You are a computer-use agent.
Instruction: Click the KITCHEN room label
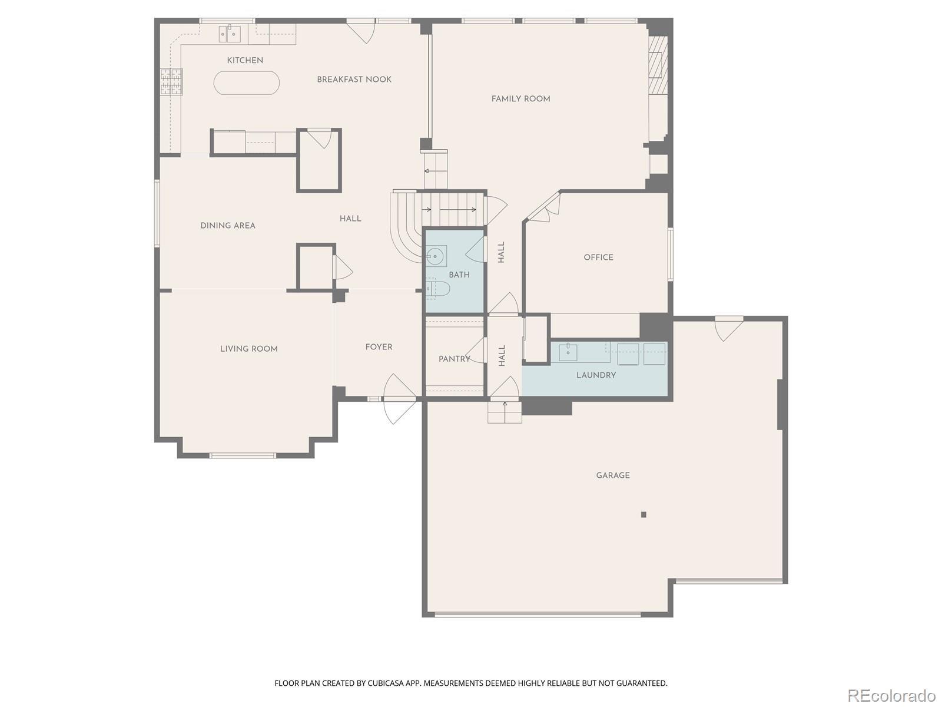245,61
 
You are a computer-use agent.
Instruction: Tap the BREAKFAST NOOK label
354,80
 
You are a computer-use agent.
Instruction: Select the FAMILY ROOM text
520,99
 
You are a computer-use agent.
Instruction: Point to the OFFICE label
598,257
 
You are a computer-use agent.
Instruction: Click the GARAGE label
613,475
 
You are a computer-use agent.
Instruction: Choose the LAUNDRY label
596,375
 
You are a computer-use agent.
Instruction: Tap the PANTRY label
455,359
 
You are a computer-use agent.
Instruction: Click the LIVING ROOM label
249,349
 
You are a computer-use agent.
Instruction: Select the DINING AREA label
228,226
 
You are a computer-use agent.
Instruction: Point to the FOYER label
379,347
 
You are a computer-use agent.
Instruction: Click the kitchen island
246,82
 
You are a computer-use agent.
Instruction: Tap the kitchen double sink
230,34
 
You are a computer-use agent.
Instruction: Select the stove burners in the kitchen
171,81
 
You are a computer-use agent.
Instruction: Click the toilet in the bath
437,289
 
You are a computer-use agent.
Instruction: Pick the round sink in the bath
436,256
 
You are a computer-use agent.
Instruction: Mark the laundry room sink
568,352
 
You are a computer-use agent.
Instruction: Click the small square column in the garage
644,515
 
